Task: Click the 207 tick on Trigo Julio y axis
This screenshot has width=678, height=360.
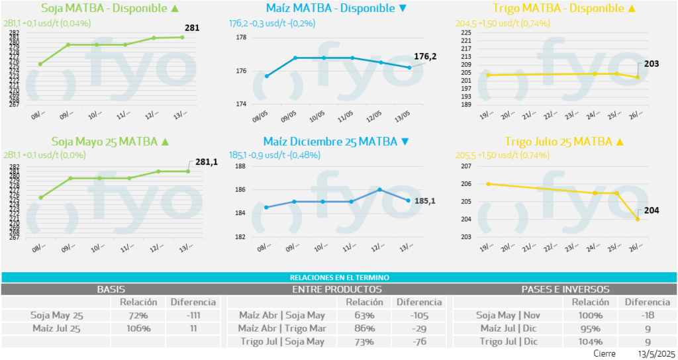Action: click(x=466, y=166)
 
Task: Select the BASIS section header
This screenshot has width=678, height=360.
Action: click(x=111, y=289)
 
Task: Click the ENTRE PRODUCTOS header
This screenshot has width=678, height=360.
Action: click(x=336, y=289)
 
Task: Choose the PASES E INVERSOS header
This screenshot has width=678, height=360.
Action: click(x=565, y=289)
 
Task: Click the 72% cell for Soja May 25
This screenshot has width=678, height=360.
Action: click(x=138, y=315)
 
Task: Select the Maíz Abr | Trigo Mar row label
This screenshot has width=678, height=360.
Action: click(x=281, y=328)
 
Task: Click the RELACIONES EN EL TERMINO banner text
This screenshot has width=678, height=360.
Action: click(x=339, y=277)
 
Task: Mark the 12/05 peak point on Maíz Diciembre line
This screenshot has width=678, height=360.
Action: click(x=380, y=189)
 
